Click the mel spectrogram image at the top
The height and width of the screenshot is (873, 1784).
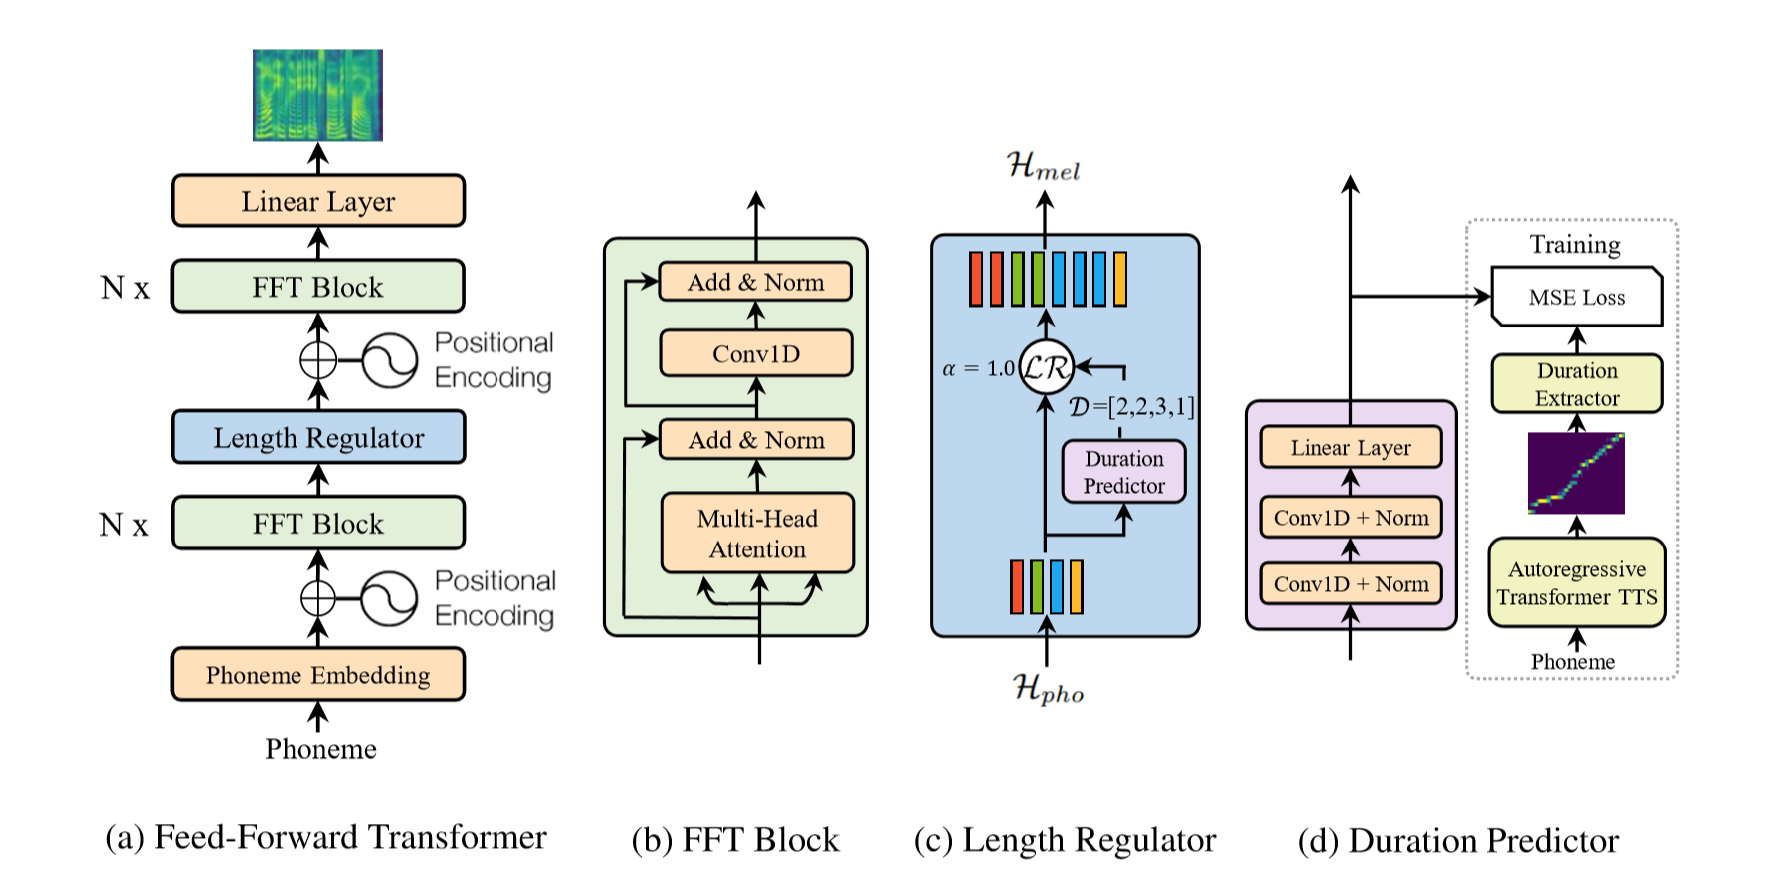click(317, 95)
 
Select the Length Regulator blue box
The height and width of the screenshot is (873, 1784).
click(318, 438)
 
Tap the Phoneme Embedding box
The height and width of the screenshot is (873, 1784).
click(318, 675)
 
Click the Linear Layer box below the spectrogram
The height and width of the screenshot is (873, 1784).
click(318, 201)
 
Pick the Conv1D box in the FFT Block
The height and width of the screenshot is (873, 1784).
click(756, 354)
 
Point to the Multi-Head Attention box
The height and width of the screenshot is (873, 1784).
click(757, 534)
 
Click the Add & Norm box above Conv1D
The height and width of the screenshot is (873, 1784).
click(756, 282)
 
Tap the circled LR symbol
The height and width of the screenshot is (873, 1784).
click(1046, 368)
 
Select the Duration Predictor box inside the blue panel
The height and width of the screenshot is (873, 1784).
click(1123, 472)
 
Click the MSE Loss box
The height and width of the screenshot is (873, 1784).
click(1577, 297)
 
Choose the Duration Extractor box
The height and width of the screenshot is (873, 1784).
click(1577, 384)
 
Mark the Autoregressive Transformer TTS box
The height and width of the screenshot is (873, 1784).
click(1577, 583)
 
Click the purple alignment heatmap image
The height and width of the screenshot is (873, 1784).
click(1576, 473)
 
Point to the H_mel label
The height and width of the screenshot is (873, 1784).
click(1043, 166)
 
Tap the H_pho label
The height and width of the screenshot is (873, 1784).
click(1048, 688)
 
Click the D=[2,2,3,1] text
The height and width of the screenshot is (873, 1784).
click(1131, 407)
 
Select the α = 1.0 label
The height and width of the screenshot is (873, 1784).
click(978, 369)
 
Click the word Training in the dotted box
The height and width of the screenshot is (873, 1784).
click(1575, 245)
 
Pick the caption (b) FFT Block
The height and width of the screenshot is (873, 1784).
click(735, 840)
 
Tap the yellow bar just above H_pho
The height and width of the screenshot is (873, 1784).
click(1076, 586)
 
